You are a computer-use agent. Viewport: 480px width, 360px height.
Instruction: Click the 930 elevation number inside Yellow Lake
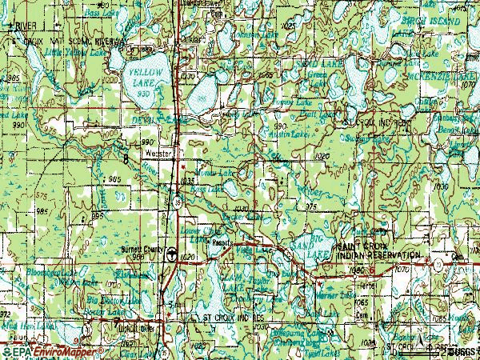(144, 94)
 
